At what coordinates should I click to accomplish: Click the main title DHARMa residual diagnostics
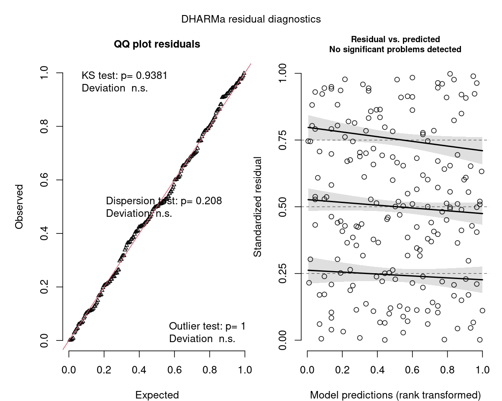point(251,19)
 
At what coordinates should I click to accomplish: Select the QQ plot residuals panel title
point(157,44)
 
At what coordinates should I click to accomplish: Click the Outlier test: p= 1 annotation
point(207,326)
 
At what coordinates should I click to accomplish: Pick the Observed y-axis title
point(19,206)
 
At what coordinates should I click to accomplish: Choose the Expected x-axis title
point(157,395)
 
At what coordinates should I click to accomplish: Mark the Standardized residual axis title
point(258,206)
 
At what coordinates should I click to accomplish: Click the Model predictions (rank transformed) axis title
point(395,395)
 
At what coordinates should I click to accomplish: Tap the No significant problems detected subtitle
point(395,49)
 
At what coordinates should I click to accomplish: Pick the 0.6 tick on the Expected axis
point(174,370)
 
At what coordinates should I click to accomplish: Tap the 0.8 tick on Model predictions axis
point(447,370)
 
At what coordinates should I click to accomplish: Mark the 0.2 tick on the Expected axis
point(104,370)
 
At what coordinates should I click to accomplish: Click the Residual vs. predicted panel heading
point(395,40)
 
